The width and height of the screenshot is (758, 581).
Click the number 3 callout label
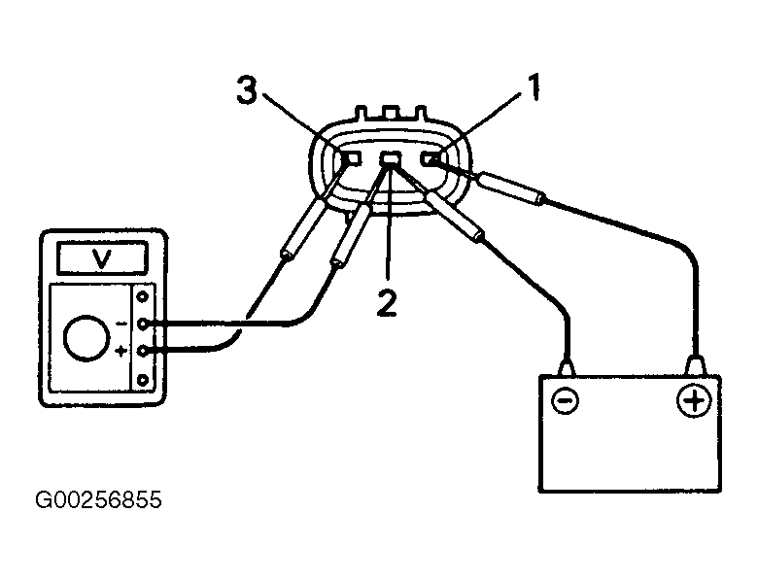point(246,90)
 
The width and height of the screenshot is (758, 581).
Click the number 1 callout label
point(533,87)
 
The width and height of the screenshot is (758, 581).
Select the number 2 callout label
point(387,303)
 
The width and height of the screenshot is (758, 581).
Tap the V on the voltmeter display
point(102,259)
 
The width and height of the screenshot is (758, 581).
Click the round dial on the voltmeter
point(86,338)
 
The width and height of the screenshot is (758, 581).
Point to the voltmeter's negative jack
point(143,324)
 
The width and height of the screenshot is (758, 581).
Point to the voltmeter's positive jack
point(143,352)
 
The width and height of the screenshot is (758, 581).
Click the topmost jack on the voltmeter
point(143,296)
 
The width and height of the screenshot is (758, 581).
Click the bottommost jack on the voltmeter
point(143,381)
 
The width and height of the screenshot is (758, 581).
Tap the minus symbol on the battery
point(565,400)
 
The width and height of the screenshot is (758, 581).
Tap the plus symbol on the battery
point(694,400)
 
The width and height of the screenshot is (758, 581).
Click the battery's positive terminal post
point(695,365)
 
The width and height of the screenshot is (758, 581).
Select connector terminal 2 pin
point(391,158)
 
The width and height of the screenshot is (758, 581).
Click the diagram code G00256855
point(98,499)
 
